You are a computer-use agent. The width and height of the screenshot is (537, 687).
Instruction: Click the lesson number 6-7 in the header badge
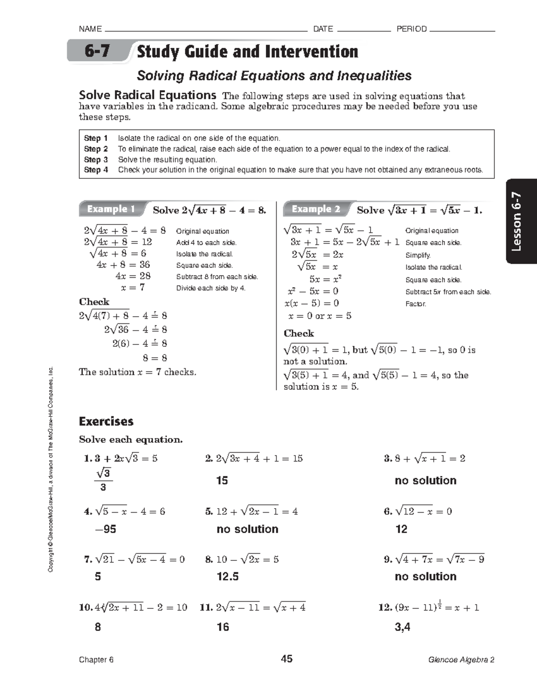pyautogui.click(x=97, y=51)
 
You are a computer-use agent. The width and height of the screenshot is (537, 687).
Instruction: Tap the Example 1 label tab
pyautogui.click(x=111, y=209)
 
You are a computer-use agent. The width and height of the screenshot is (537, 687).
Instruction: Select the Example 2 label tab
pyautogui.click(x=315, y=209)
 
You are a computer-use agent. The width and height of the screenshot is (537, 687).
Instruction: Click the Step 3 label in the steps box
pyautogui.click(x=96, y=160)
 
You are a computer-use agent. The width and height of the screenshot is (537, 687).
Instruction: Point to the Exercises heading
pyautogui.click(x=106, y=421)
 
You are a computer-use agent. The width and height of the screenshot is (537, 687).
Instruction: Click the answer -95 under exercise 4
pyautogui.click(x=105, y=529)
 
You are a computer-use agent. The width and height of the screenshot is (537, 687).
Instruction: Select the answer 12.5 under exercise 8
pyautogui.click(x=227, y=577)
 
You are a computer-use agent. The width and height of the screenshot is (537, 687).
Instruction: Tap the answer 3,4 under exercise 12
pyautogui.click(x=402, y=627)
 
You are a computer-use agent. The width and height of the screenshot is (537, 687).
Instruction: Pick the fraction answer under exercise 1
pyautogui.click(x=103, y=480)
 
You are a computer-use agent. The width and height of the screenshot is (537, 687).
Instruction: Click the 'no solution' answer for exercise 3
pyautogui.click(x=425, y=481)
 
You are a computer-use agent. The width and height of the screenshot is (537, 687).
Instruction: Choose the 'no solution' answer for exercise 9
pyautogui.click(x=425, y=577)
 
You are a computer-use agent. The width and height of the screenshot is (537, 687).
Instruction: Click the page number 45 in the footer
pyautogui.click(x=286, y=659)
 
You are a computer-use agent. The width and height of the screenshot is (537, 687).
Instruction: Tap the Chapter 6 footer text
pyautogui.click(x=96, y=660)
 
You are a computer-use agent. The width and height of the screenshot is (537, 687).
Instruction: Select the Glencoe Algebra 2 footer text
pyautogui.click(x=461, y=660)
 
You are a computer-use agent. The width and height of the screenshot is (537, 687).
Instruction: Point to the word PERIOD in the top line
pyautogui.click(x=411, y=29)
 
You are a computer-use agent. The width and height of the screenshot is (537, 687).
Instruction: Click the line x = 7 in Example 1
pyautogui.click(x=133, y=288)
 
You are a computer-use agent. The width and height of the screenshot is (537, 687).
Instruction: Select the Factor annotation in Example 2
pyautogui.click(x=415, y=304)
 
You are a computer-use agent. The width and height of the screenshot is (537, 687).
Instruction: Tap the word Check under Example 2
pyautogui.click(x=298, y=333)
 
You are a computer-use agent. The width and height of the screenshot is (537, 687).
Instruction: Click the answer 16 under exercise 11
pyautogui.click(x=223, y=627)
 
